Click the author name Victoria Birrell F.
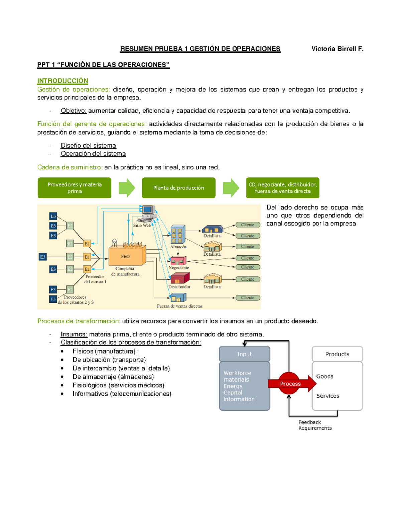pos(337,49)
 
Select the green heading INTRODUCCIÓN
pos(62,81)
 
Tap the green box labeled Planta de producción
pos(178,188)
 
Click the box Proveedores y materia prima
pos(75,188)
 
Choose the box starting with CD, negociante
pos(283,188)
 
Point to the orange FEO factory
pos(127,256)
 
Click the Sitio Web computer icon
pos(148,213)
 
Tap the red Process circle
pos(289,384)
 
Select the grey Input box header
pos(244,354)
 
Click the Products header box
pos(337,354)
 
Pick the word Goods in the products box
pos(325,376)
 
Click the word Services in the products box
pos(327,396)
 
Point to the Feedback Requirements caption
pos(315,425)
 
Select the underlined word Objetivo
pos(74,111)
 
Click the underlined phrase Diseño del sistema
pos(88,146)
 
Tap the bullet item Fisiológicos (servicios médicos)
pos(118,385)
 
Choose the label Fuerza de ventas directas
pos(179,306)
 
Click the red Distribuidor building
pos(180,278)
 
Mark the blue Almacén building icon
pos(178,234)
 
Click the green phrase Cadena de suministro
pos(70,167)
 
